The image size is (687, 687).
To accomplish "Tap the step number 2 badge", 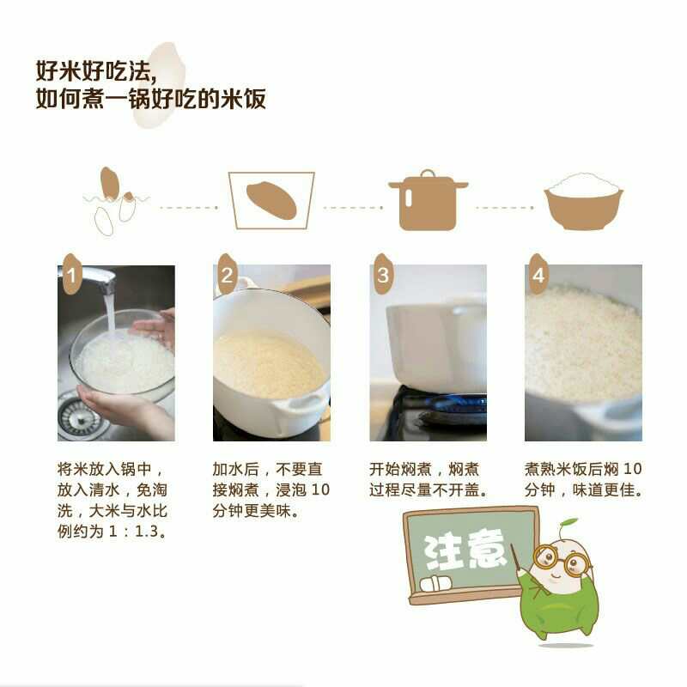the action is coord(227,274).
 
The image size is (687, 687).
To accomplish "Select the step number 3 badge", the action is coord(383,274).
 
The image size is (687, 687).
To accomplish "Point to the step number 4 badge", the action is coord(538,274).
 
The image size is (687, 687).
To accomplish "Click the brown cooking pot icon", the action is coord(428,201).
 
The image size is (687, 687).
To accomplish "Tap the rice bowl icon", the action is coord(584,202).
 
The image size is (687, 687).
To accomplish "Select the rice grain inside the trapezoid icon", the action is coord(271,200).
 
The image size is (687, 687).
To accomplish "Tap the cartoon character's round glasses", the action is coord(562,560).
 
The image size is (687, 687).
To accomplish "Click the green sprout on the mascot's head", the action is coord(568,525).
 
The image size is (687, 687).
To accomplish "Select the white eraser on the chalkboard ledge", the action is coord(435,584).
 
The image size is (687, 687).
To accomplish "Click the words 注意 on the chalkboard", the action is coord(464,550).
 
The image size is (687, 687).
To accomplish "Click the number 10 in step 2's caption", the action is coord(320,489).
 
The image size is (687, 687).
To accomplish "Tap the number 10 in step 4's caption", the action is coord(632,469).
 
